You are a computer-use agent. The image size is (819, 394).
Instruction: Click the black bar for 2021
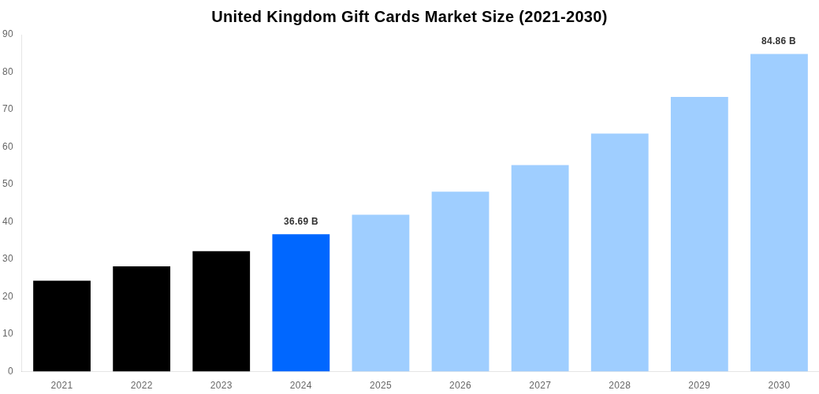[61, 325]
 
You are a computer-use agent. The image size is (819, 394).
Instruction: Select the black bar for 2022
[141, 318]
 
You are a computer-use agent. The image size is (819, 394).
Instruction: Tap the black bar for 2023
[221, 311]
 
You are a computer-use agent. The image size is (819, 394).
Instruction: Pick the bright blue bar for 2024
[301, 303]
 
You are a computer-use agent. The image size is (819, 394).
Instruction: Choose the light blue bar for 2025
[381, 293]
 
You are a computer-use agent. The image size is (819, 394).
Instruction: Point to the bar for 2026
[460, 281]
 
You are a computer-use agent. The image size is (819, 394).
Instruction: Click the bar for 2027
[540, 268]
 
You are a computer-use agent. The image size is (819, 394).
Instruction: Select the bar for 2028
[620, 252]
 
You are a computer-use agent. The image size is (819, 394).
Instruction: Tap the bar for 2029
[699, 234]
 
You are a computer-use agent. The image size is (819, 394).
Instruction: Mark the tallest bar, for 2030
[779, 213]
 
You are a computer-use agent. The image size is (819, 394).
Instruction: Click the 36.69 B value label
[301, 221]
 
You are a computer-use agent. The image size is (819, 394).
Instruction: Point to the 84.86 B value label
[779, 41]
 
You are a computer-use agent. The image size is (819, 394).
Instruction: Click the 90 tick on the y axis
[8, 34]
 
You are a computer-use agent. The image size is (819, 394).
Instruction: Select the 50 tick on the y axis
[8, 184]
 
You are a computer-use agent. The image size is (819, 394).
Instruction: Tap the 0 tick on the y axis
[10, 370]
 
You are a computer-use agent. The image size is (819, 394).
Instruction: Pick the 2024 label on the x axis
[301, 385]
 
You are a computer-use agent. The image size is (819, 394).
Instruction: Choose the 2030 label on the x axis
[779, 385]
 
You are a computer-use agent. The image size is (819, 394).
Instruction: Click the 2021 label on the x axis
[61, 385]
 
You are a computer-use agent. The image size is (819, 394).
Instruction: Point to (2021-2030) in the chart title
[563, 17]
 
